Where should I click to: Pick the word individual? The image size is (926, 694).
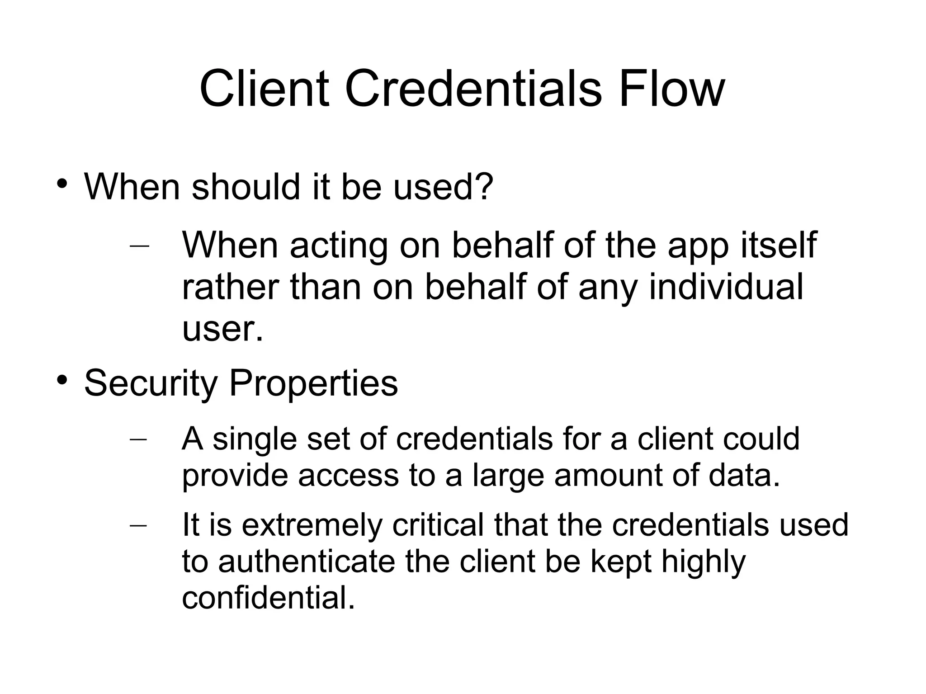[726, 287]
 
